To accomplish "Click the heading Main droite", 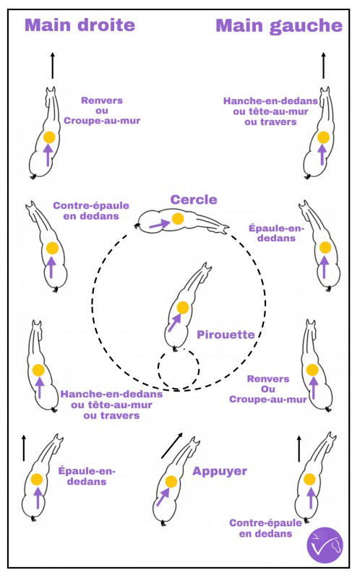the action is (80, 25).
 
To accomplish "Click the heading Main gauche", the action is (279, 26).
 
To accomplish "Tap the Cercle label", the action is (194, 199).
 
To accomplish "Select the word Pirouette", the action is (226, 335).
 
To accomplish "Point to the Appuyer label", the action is (220, 471).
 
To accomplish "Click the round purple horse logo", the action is (325, 545).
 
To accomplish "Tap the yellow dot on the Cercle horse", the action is (178, 219).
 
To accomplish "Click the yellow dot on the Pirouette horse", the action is (183, 308).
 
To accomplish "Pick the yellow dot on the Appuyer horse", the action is (171, 481).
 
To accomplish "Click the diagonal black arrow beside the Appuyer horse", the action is (172, 445).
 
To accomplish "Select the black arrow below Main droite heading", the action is (52, 65).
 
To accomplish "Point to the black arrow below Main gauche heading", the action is (323, 65).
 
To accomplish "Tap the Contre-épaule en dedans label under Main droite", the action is (91, 210).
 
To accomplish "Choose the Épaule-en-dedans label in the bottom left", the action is (87, 476).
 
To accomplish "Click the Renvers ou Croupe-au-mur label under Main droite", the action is (102, 111).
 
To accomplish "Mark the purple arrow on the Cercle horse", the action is (160, 224).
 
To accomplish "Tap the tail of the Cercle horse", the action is (137, 225).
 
